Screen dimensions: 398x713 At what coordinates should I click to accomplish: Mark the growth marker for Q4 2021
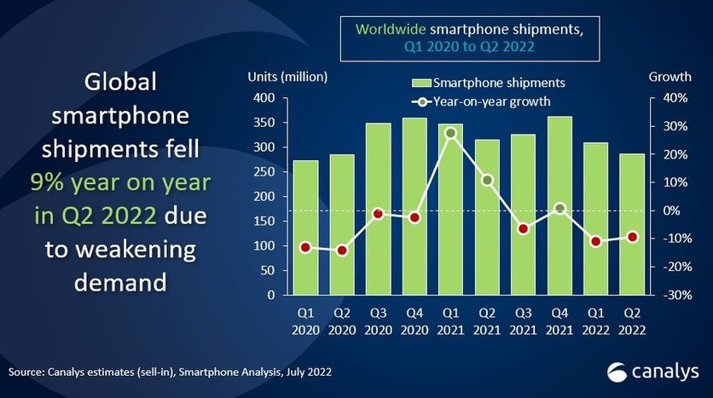(x=559, y=208)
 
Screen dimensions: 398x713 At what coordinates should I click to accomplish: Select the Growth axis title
(x=670, y=78)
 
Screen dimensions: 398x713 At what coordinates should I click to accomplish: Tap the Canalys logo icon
(x=617, y=372)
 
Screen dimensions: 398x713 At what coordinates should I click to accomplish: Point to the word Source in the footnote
(x=26, y=372)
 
